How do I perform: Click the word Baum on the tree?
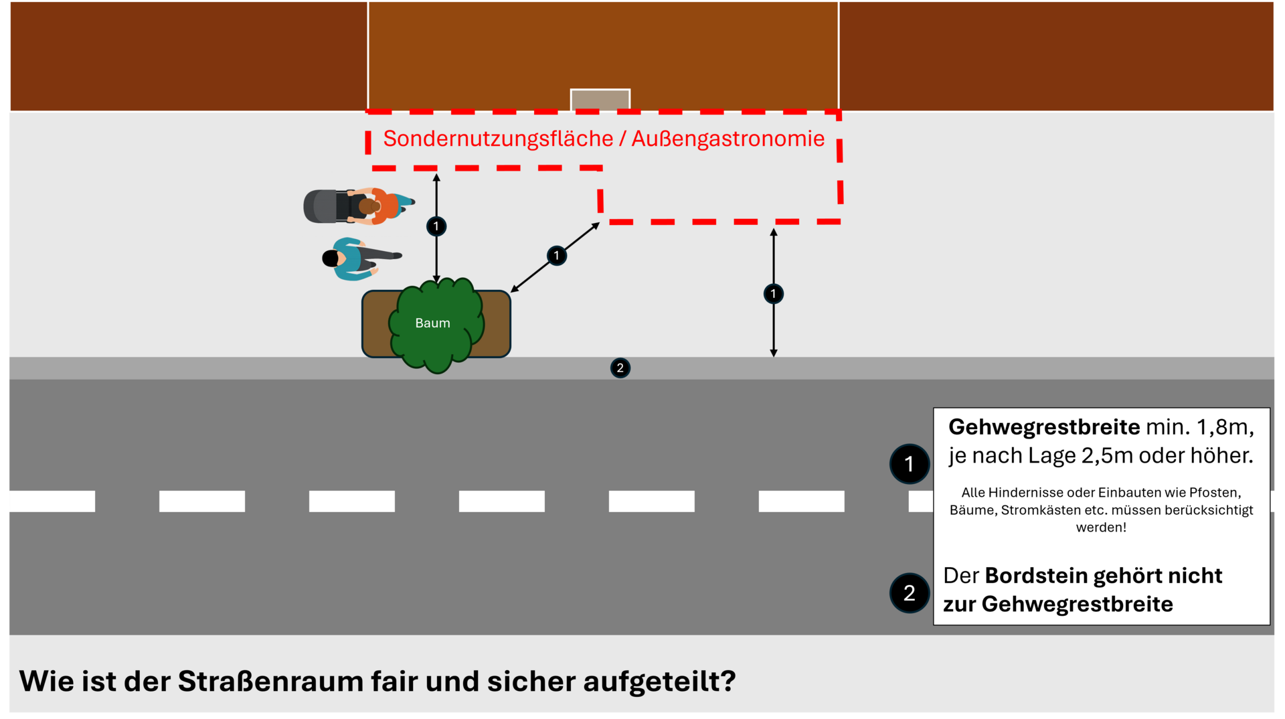(x=432, y=323)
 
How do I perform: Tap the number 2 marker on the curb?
(x=620, y=368)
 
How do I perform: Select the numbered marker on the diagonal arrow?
(x=556, y=255)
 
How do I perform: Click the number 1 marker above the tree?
(x=436, y=226)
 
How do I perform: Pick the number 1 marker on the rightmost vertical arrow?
(x=773, y=293)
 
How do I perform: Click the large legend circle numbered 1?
(x=909, y=463)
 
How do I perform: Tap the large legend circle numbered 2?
(x=909, y=592)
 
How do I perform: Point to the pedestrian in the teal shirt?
(x=355, y=258)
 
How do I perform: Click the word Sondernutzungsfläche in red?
(x=498, y=139)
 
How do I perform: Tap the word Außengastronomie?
(x=727, y=139)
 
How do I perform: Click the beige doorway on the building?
(x=600, y=100)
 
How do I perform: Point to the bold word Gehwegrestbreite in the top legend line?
(x=1043, y=426)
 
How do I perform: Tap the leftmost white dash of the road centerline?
(x=52, y=501)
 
